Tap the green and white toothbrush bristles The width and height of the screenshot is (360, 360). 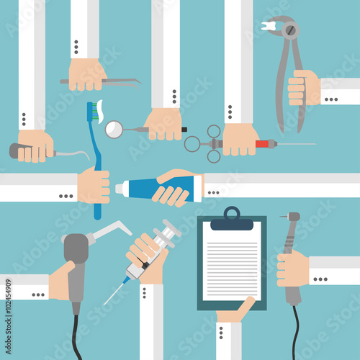[x=95, y=109]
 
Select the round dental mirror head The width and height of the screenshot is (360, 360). [x=114, y=130]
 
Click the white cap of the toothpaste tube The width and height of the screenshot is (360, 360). [x=119, y=189]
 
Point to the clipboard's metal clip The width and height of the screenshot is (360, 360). [x=232, y=215]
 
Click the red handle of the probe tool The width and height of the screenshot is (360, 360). [x=266, y=144]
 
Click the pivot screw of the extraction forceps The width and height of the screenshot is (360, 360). [x=291, y=30]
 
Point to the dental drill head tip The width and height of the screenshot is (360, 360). [x=294, y=216]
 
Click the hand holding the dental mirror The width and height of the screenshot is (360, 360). [x=163, y=124]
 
